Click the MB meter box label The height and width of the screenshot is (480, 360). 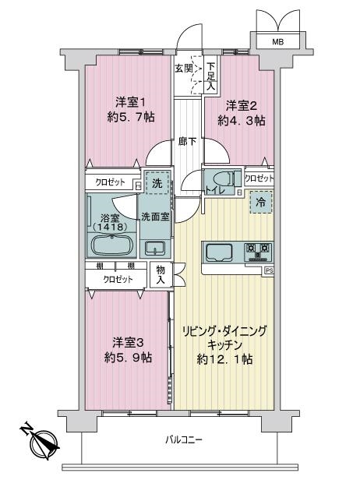click(278, 41)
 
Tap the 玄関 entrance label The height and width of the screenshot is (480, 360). click(184, 69)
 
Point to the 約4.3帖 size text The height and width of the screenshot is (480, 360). click(242, 121)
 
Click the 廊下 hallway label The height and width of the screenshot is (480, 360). click(187, 142)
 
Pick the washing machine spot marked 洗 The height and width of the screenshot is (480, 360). click(157, 183)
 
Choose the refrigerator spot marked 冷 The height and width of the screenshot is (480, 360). click(261, 202)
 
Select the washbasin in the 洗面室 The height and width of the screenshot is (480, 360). click(155, 248)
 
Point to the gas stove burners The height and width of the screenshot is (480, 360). click(259, 252)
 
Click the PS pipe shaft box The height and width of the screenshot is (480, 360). click(269, 270)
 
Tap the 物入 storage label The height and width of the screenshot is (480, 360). click(161, 274)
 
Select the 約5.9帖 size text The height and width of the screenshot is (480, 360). click(128, 357)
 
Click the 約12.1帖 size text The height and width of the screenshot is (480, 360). click(224, 359)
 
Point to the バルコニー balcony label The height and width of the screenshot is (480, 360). click(184, 440)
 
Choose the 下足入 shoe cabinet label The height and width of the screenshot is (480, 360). click(210, 76)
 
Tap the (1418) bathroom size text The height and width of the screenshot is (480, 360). click(110, 228)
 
